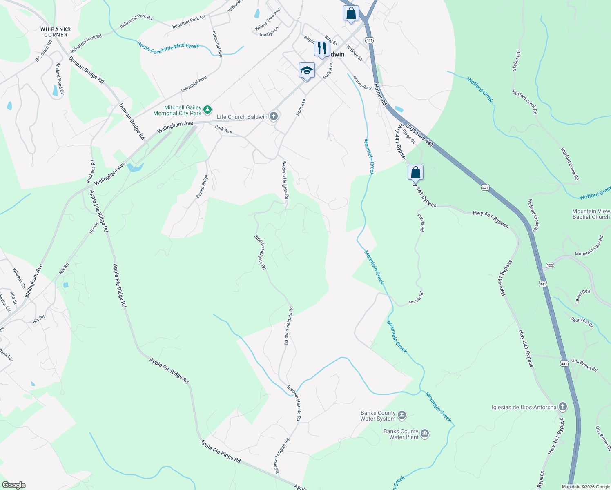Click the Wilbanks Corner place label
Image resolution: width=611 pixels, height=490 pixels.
click(56, 32)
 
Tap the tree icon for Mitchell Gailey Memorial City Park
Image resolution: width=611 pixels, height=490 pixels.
click(207, 109)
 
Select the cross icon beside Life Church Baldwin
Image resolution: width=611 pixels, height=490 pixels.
click(274, 117)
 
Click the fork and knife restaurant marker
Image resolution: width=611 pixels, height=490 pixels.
click(322, 49)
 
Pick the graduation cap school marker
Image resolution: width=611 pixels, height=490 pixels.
click(306, 71)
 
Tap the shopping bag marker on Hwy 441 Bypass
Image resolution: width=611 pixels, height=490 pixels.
click(415, 172)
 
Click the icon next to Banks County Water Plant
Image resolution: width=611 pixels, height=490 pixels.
click(425, 434)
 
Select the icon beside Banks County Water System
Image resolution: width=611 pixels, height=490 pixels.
click(402, 416)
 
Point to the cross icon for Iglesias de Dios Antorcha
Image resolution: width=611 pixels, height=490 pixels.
click(563, 407)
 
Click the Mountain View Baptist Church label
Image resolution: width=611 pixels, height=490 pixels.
click(591, 214)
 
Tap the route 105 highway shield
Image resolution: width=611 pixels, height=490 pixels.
click(550, 265)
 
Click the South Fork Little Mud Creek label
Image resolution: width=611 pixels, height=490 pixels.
click(168, 47)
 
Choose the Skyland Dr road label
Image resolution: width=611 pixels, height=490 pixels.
click(517, 61)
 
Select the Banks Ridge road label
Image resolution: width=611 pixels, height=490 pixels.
click(202, 186)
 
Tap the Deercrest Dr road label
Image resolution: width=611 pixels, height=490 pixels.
click(582, 322)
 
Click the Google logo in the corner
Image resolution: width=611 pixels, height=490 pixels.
click(13, 485)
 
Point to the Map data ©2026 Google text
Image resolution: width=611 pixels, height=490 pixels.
click(585, 487)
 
